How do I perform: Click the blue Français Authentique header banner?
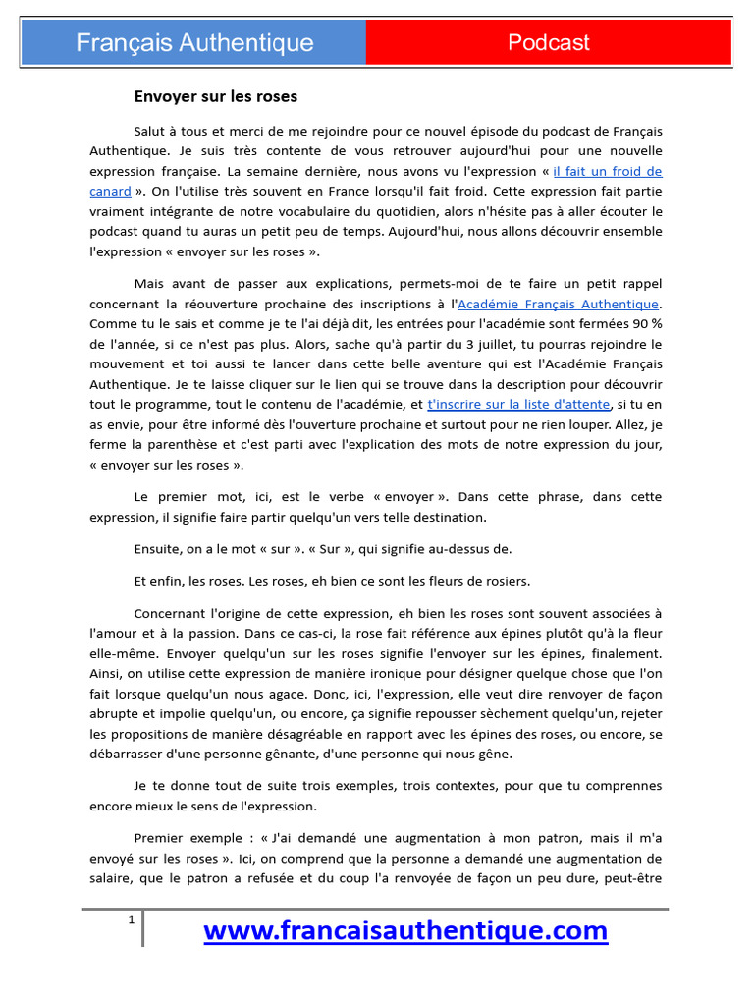coord(194,42)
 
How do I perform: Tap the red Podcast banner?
coord(548,42)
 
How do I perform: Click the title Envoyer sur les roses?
coord(215,96)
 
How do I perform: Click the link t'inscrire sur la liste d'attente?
coord(519,404)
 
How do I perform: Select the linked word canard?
coord(110,191)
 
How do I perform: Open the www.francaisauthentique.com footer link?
coord(405,929)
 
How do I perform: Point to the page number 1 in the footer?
coord(130,920)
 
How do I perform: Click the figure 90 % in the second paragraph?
coord(644,324)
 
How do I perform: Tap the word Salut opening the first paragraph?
coord(151,131)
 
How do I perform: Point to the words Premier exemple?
coord(184,837)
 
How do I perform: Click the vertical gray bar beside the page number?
coord(142,928)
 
